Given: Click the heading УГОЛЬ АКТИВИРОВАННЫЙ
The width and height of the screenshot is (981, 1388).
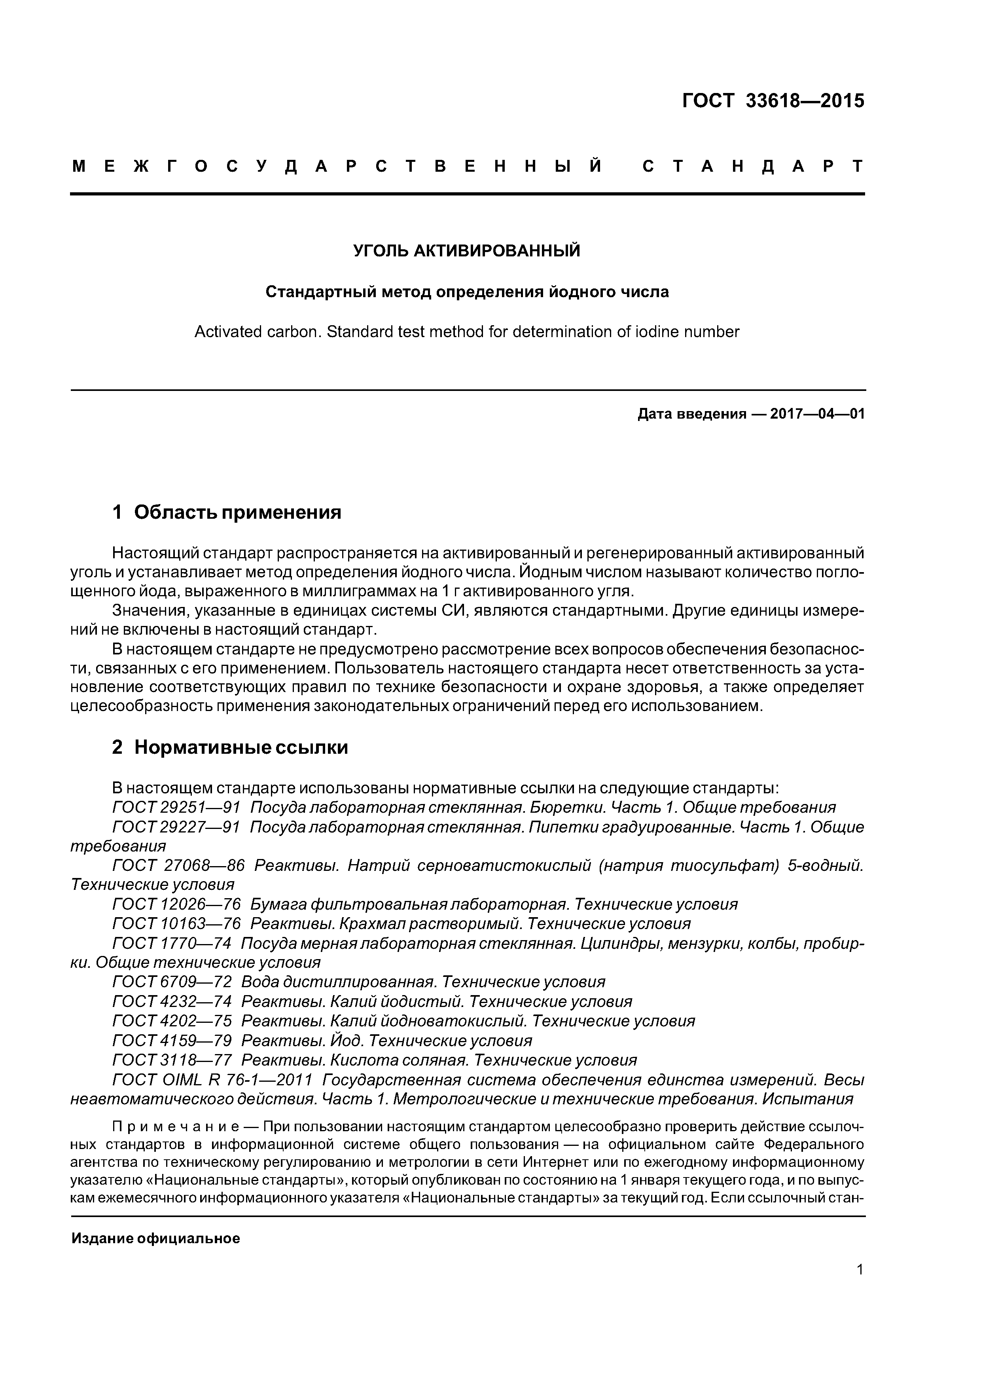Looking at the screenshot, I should [x=467, y=250].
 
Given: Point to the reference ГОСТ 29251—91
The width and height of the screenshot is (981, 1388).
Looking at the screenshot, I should [x=176, y=808].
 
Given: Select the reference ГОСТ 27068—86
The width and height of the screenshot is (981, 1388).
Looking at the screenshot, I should [x=178, y=866].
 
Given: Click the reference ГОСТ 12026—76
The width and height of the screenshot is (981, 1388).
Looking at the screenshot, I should [x=176, y=904].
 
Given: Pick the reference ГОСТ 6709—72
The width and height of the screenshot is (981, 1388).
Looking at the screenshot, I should [x=172, y=982].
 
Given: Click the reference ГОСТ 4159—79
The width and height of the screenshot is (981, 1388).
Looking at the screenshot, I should [x=172, y=1040].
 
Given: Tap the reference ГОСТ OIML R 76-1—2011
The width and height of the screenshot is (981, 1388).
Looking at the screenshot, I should [x=212, y=1080].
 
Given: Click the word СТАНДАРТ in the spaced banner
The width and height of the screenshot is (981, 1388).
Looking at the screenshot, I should [x=752, y=166].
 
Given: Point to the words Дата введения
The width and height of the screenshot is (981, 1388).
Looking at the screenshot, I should [x=692, y=414].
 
